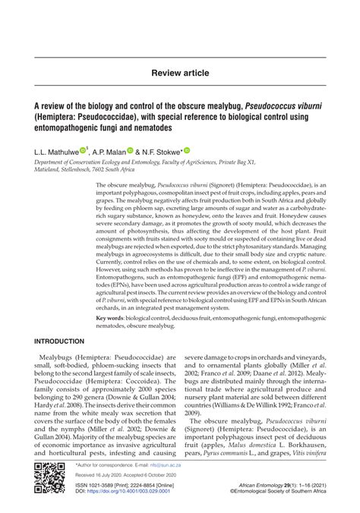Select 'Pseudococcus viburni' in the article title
[x=282, y=108]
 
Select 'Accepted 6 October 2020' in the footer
[x=150, y=474]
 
